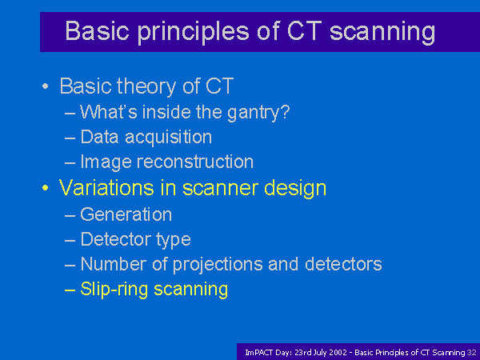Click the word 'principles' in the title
click(x=193, y=32)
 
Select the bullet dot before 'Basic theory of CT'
click(x=46, y=86)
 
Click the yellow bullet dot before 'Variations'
click(x=46, y=188)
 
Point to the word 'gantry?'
click(x=258, y=113)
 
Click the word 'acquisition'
click(x=168, y=137)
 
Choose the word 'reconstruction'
click(x=195, y=162)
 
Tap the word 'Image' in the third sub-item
click(x=106, y=162)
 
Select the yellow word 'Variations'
click(x=106, y=187)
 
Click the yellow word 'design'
click(x=295, y=188)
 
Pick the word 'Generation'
click(x=126, y=214)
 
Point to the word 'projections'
click(x=218, y=265)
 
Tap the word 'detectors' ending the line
click(x=343, y=264)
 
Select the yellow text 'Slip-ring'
click(x=114, y=290)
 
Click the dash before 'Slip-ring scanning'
click(x=70, y=290)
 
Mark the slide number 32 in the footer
click(x=472, y=353)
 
